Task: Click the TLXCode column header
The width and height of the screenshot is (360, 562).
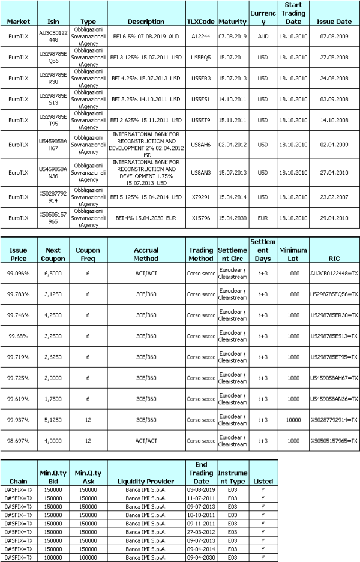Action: pyautogui.click(x=201, y=22)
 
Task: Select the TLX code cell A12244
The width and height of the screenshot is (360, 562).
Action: pyautogui.click(x=201, y=35)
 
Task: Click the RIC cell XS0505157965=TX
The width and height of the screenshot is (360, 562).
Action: pyautogui.click(x=334, y=441)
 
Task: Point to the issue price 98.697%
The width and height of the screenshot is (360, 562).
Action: pyautogui.click(x=19, y=441)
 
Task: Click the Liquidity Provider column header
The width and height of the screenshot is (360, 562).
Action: pyautogui.click(x=146, y=481)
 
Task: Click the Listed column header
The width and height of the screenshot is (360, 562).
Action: pyautogui.click(x=263, y=481)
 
